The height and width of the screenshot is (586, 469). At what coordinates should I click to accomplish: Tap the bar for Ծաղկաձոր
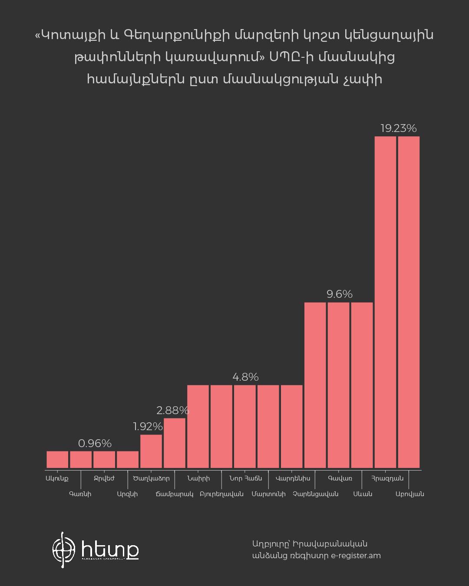(x=151, y=451)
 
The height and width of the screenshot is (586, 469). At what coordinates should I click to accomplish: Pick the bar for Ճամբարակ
(x=175, y=443)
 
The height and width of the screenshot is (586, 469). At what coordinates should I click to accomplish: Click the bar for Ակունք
(x=57, y=459)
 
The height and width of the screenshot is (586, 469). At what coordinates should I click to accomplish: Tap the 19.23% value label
(x=398, y=128)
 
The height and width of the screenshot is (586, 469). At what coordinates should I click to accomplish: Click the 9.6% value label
(x=339, y=294)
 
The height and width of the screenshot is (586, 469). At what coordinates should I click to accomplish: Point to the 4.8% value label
(x=245, y=377)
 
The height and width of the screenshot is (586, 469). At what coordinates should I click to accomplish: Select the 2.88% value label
(x=172, y=410)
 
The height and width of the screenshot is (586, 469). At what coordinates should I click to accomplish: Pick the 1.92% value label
(x=148, y=427)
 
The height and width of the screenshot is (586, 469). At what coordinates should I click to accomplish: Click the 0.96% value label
(x=95, y=444)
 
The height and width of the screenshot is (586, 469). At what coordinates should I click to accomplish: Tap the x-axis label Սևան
(x=363, y=494)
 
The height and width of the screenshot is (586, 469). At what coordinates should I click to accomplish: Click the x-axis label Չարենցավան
(x=315, y=494)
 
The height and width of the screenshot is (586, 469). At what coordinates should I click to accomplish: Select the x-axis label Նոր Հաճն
(x=245, y=478)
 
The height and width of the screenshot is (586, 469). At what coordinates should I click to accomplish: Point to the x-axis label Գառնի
(x=80, y=494)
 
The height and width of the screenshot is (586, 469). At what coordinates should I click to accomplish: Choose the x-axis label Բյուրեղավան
(x=221, y=494)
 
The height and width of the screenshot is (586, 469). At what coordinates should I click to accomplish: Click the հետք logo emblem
(x=64, y=550)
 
